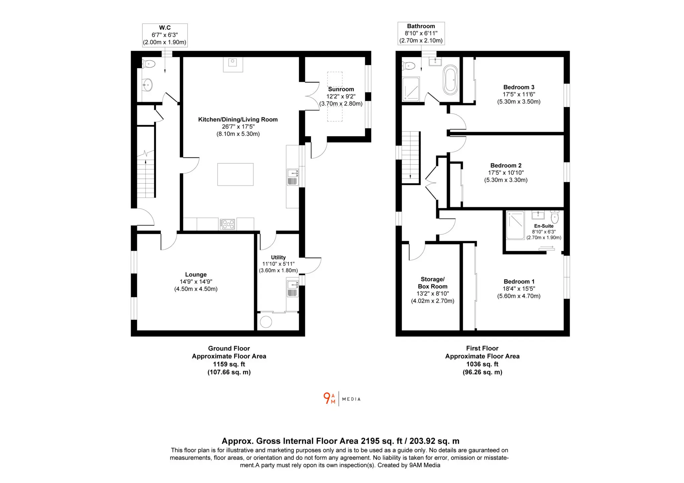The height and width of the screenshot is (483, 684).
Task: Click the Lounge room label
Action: coord(196,274)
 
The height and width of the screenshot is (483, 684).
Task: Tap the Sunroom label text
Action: coord(341,89)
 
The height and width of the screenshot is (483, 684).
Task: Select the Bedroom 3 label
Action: coord(519,87)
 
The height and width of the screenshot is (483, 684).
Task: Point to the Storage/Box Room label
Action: coord(433,283)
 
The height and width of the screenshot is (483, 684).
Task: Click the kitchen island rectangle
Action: coord(235,174)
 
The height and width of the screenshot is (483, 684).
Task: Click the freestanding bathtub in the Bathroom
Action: coord(451,80)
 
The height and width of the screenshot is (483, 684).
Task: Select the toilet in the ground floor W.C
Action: coord(149,64)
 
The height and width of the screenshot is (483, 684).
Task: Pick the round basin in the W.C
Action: coord(147,84)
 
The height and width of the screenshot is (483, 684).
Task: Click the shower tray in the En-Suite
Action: coord(515,225)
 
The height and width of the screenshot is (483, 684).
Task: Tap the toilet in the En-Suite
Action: coord(555,217)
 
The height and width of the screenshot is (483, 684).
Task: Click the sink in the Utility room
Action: coord(292,289)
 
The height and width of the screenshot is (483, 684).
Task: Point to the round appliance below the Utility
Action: coord(266,322)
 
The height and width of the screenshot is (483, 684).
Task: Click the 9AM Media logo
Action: coord(342,399)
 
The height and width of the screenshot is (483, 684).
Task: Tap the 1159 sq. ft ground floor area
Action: coord(229,364)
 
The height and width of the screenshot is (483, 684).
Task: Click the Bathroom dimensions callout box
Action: coord(421,33)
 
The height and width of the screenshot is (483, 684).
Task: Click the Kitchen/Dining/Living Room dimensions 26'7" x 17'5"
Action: coord(238,127)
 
